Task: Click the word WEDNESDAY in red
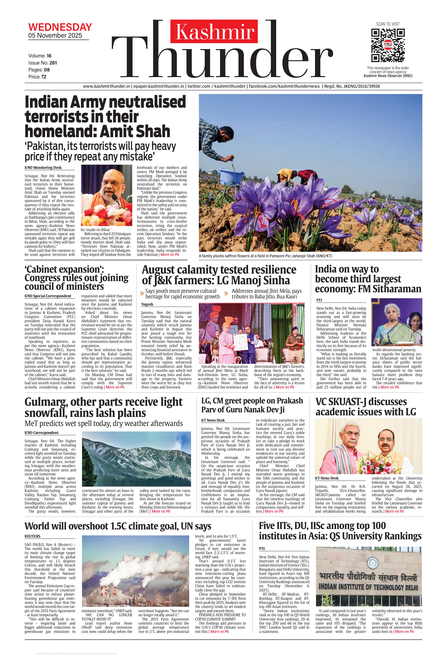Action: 60,27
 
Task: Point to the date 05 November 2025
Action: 55,35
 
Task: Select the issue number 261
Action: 53,63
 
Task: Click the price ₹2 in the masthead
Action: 43,77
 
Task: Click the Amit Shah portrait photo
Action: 106,195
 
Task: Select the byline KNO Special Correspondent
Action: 48,296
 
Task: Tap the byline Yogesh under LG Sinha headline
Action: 147,304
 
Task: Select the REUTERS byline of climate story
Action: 32,536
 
